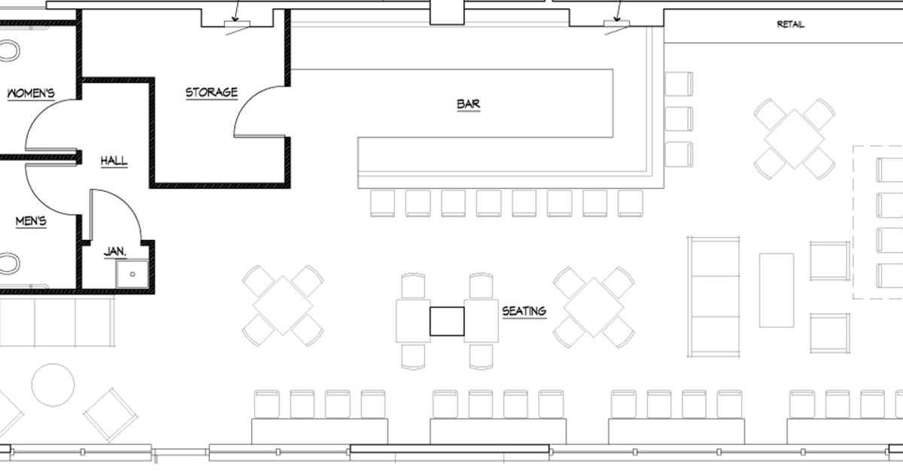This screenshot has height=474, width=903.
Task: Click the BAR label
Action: point(468,104)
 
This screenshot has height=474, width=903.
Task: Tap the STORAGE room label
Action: point(211,93)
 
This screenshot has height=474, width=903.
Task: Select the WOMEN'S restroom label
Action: point(31,93)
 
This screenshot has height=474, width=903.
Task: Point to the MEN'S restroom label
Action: point(31,221)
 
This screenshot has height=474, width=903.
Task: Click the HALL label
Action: point(114,160)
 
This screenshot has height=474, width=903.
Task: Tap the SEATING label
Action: point(524,310)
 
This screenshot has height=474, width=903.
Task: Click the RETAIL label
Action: point(790,24)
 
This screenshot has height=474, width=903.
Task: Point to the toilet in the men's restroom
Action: point(8,263)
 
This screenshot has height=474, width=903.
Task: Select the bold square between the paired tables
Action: point(447,321)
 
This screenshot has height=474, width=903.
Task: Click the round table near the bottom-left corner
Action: point(53,384)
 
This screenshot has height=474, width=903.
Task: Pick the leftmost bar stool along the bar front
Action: point(383,203)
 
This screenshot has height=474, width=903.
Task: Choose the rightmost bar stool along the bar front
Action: point(631,203)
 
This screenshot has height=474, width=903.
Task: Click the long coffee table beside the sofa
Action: point(777,290)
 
